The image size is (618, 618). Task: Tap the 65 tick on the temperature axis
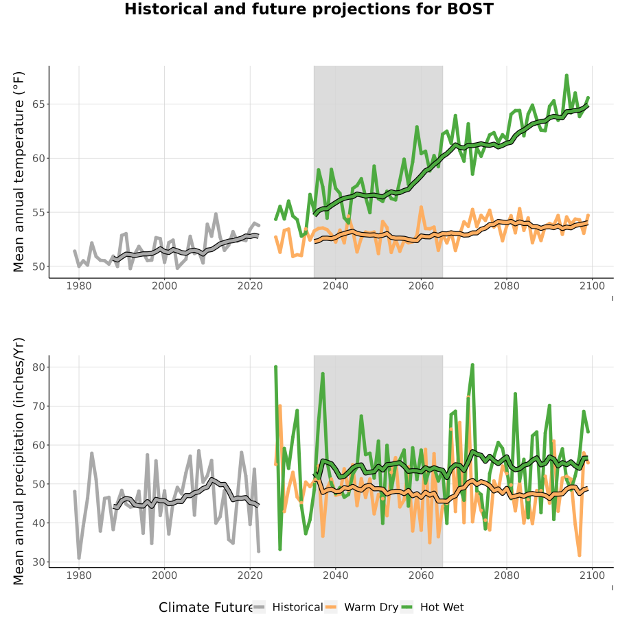tap(38, 104)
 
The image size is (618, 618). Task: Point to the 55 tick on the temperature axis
tap(38, 212)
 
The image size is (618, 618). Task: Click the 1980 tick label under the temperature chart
tap(79, 286)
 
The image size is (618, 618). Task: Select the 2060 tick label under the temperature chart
tap(421, 286)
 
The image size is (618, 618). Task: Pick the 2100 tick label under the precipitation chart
tap(592, 576)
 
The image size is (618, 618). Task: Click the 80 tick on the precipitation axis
tap(38, 367)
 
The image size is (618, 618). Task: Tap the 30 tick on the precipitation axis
tap(38, 562)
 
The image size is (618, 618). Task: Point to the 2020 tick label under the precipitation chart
tap(250, 576)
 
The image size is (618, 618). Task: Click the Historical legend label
tap(297, 608)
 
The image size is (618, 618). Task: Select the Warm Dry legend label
tap(371, 608)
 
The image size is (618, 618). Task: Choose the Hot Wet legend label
tap(442, 608)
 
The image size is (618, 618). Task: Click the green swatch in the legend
tap(407, 608)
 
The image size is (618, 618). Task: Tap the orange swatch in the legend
tap(331, 608)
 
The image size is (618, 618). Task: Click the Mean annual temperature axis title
tap(19, 172)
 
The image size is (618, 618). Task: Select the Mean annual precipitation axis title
tap(19, 461)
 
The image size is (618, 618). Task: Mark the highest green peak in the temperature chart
tap(566, 75)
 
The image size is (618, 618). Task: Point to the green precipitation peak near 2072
tap(472, 365)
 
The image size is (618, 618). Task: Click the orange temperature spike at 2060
tap(421, 207)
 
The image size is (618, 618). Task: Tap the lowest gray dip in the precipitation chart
tap(79, 558)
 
